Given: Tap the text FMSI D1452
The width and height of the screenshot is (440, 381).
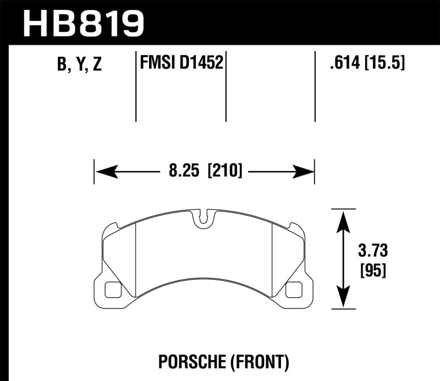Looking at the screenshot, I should [x=182, y=63].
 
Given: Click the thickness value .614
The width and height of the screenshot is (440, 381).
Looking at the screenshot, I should [x=343, y=64].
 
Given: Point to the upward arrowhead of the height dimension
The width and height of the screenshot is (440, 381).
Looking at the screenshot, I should [x=343, y=217].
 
